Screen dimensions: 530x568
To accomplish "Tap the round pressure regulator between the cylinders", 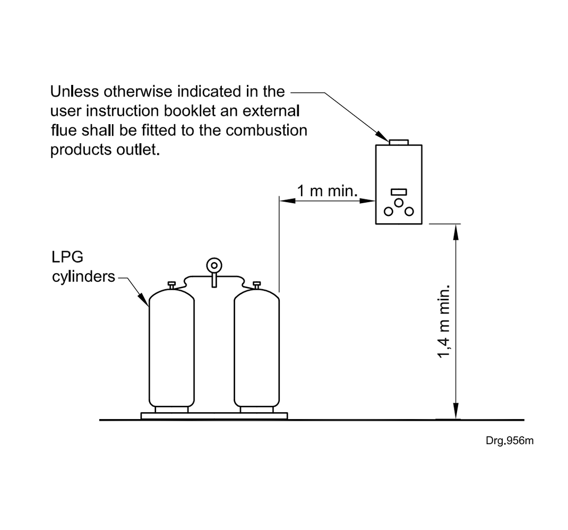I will click(x=214, y=265).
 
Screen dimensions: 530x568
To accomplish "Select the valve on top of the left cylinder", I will click(x=171, y=285).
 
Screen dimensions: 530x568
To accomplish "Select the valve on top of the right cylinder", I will click(x=257, y=285).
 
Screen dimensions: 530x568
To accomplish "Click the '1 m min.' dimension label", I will click(x=326, y=191).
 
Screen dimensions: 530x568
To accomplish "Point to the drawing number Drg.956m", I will click(x=509, y=441).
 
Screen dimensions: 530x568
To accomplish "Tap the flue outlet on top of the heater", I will click(x=399, y=142).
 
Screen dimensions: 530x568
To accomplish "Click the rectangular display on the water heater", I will click(x=399, y=192).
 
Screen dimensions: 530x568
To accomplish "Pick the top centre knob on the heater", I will click(x=399, y=203).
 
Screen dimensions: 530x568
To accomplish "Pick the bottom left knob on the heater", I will click(x=389, y=212).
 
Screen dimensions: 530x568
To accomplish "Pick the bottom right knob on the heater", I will click(x=409, y=212).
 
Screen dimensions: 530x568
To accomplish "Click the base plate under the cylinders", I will click(x=214, y=416).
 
